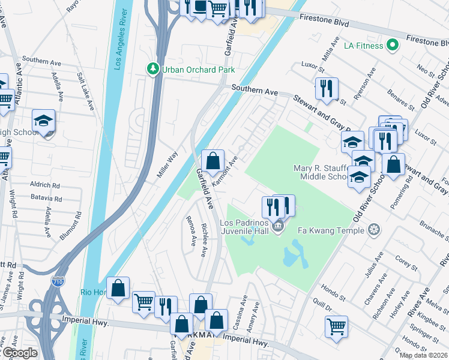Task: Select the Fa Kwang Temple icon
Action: [x=374, y=230]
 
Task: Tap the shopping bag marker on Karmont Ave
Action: [x=212, y=161]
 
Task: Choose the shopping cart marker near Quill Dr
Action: [x=336, y=326]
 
